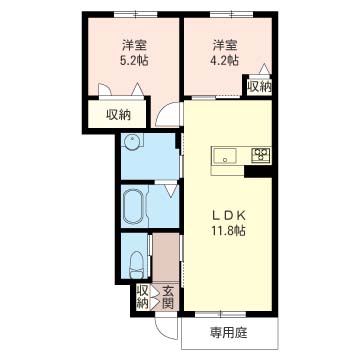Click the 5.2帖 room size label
pos(135,61)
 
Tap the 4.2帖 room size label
pos(226,60)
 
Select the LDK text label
pos(229,216)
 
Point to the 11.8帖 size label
pos(228,230)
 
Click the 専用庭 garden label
pos(229,332)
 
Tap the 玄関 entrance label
pos(168,297)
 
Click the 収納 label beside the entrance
pos(143,297)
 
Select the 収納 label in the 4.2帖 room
pos(259,87)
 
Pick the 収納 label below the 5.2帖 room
pos(119,115)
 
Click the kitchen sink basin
pos(225,156)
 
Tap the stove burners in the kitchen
pos(261,154)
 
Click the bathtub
pos(133,207)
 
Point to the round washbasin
pos(131,142)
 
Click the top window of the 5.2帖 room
pos(136,14)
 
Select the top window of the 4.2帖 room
pos(231,14)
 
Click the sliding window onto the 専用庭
pos(220,314)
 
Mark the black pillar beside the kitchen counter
pos(258,171)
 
